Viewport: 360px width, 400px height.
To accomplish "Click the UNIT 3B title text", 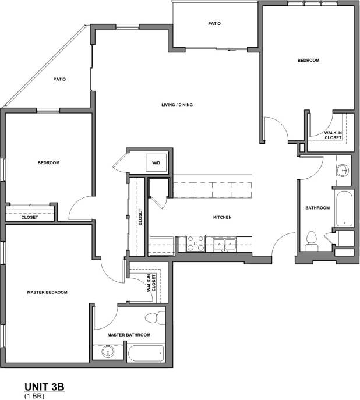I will click(x=44, y=386).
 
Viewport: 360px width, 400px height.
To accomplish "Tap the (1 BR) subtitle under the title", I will click(x=34, y=395).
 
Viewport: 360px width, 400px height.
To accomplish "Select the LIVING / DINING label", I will click(x=177, y=105).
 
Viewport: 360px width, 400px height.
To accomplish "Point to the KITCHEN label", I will click(x=223, y=217).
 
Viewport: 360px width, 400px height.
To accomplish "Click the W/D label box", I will click(x=156, y=162).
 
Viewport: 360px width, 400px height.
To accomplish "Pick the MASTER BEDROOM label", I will click(x=47, y=292).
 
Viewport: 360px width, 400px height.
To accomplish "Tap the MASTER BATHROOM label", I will click(x=129, y=335).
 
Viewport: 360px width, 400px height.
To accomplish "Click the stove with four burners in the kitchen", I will click(x=195, y=243).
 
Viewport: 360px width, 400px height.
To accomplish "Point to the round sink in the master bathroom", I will click(x=107, y=352).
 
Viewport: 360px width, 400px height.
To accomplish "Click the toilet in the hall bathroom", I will click(x=312, y=240).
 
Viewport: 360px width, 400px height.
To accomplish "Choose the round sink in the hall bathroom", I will click(x=343, y=171).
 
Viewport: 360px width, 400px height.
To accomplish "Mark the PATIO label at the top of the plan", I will click(x=214, y=24).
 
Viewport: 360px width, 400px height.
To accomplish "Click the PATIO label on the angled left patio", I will click(x=59, y=79).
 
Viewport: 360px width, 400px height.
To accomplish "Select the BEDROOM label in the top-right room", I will click(x=308, y=61).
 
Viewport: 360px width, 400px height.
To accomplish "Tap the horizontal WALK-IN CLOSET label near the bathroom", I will click(x=333, y=135).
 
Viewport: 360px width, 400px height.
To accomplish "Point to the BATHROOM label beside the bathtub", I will click(x=317, y=208).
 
